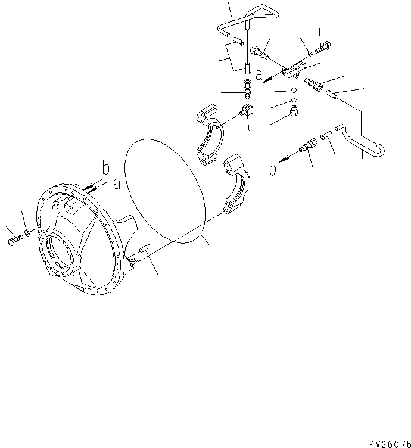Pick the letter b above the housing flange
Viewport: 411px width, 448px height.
click(105, 169)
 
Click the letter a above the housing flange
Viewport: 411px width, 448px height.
click(117, 184)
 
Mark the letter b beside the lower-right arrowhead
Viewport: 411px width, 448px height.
click(272, 170)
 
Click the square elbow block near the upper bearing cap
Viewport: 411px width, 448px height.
click(247, 111)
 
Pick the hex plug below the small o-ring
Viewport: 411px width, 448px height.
click(294, 111)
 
